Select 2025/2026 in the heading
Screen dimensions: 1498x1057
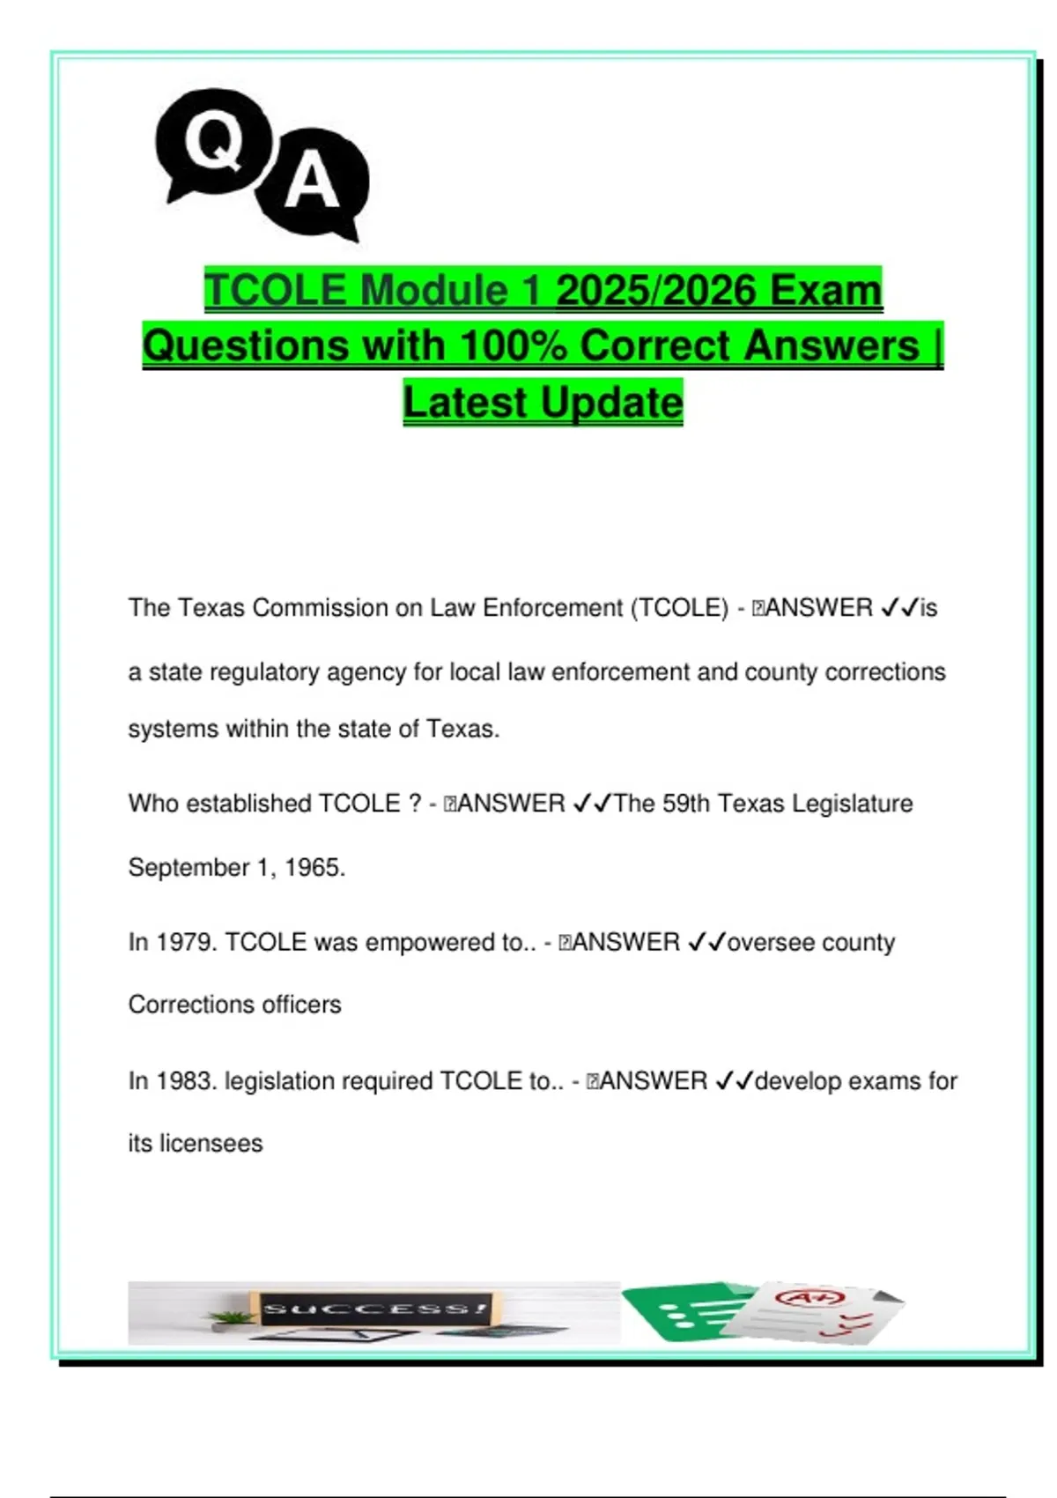tap(656, 290)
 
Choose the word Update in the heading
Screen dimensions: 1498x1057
tap(611, 403)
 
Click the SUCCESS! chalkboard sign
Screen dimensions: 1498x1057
tap(374, 1308)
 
